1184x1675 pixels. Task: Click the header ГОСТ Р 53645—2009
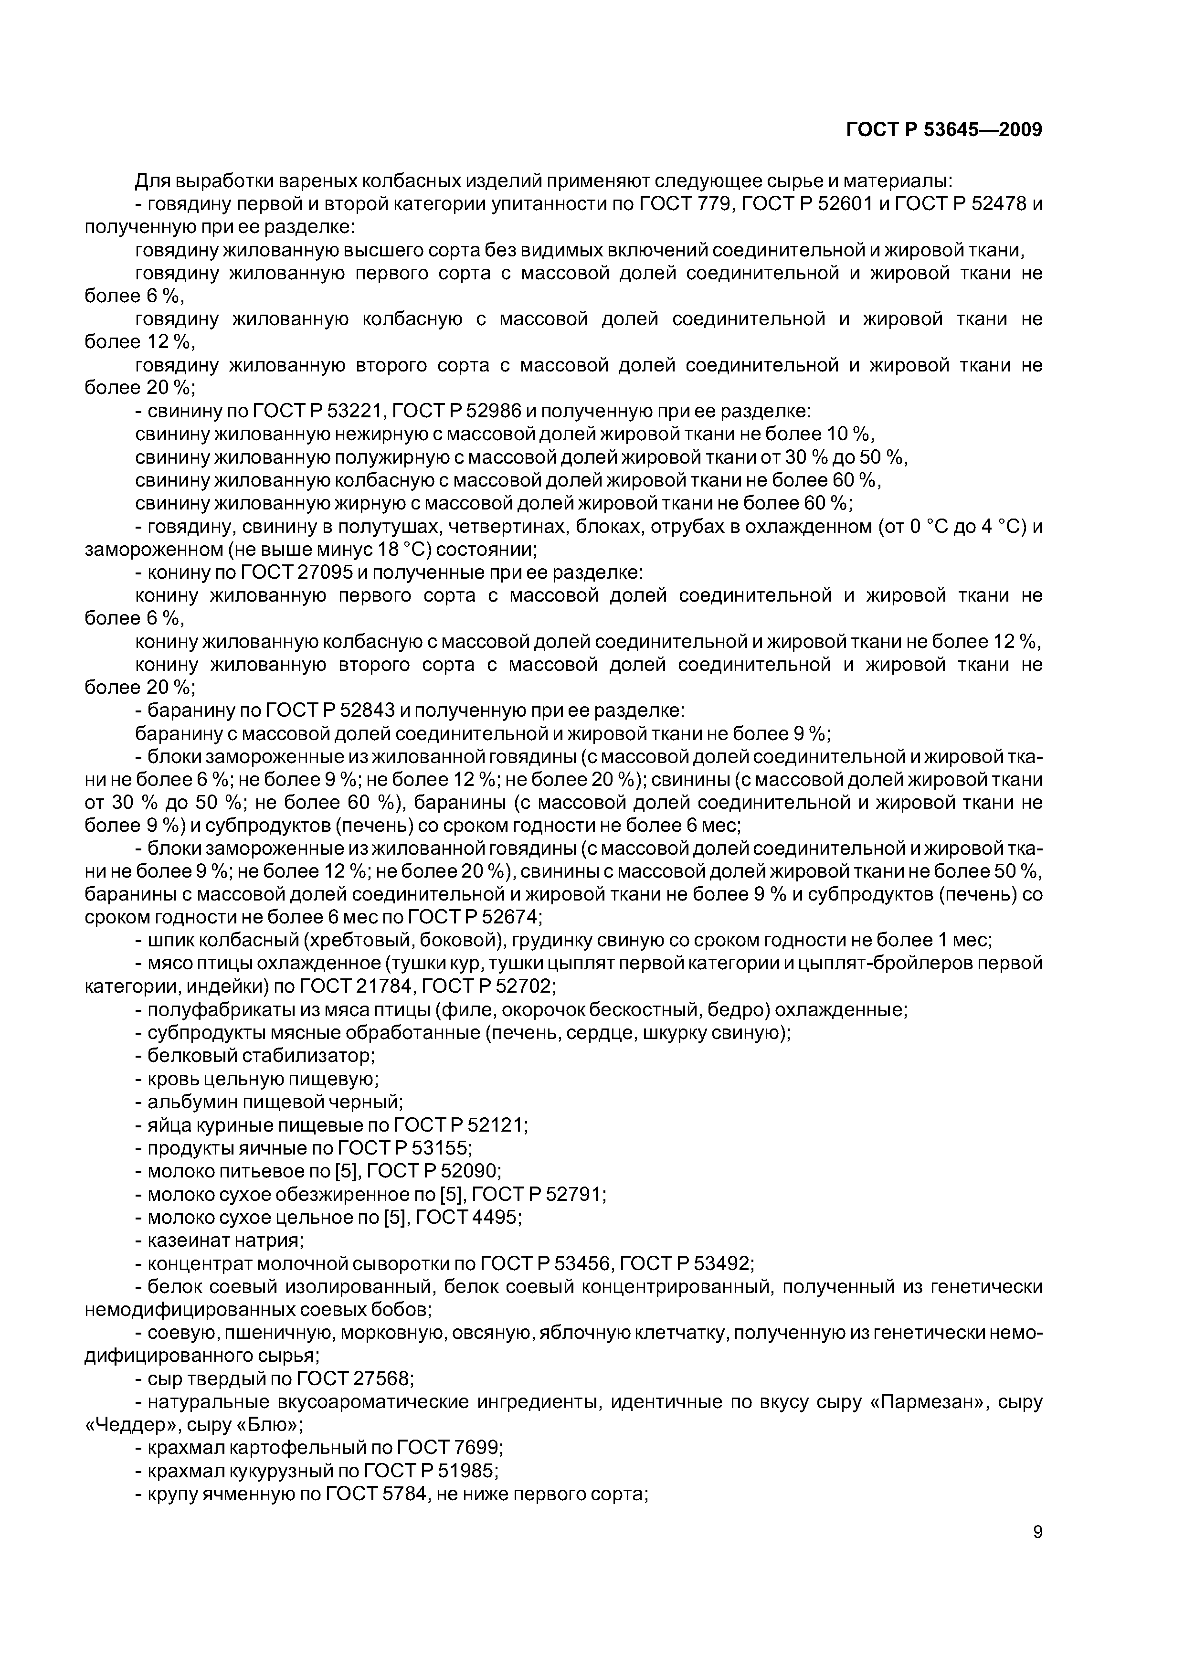944,130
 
